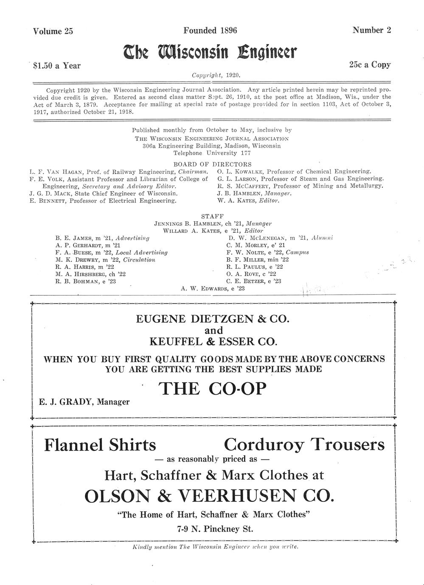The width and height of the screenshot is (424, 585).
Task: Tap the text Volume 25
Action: [x=53, y=31]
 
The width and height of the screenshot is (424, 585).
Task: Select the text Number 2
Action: [x=372, y=30]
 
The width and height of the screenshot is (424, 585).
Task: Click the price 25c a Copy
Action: [x=370, y=65]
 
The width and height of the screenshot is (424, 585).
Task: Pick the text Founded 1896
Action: [x=210, y=31]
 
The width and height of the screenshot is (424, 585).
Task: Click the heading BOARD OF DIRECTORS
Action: [x=212, y=164]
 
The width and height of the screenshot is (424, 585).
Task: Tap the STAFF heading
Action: [x=212, y=216]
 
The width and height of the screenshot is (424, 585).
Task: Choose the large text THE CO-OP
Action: [x=213, y=388]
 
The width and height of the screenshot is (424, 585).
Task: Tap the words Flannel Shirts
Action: [x=100, y=445]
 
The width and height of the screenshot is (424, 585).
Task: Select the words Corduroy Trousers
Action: [x=304, y=445]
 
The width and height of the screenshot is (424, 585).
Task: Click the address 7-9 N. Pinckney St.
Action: [x=215, y=529]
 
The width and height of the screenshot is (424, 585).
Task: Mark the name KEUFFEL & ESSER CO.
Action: [x=213, y=341]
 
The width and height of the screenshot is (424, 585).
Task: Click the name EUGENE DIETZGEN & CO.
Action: [x=213, y=319]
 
